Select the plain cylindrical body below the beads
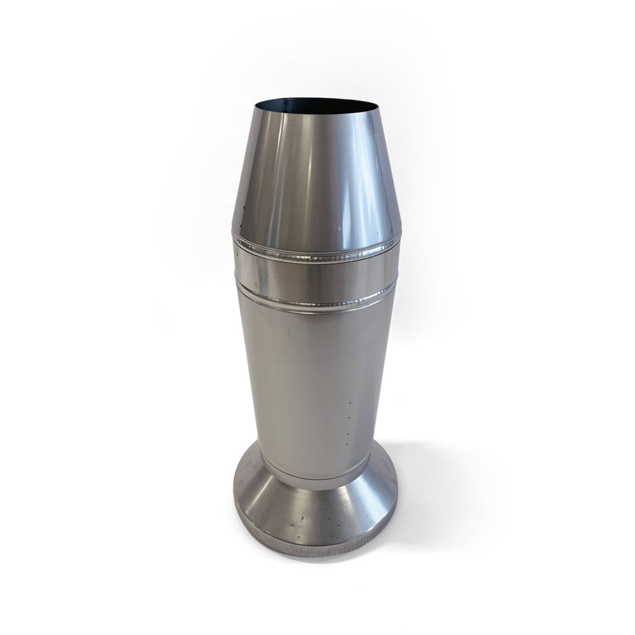point(304,372)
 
